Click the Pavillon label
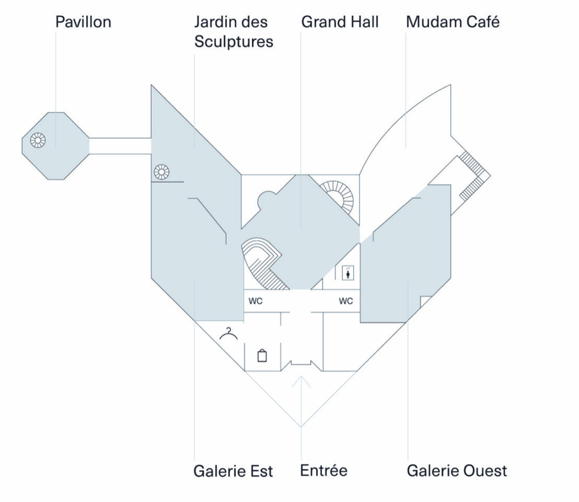[83, 23]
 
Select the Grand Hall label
[340, 23]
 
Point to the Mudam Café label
[453, 23]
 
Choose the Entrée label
[324, 470]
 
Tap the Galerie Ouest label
[457, 470]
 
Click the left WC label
[255, 301]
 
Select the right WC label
[346, 301]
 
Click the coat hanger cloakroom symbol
[230, 334]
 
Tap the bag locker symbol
[262, 355]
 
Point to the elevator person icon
[348, 273]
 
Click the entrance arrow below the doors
[301, 383]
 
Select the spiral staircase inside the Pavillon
[38, 140]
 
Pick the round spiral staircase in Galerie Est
[162, 172]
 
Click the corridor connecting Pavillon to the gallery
[120, 145]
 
